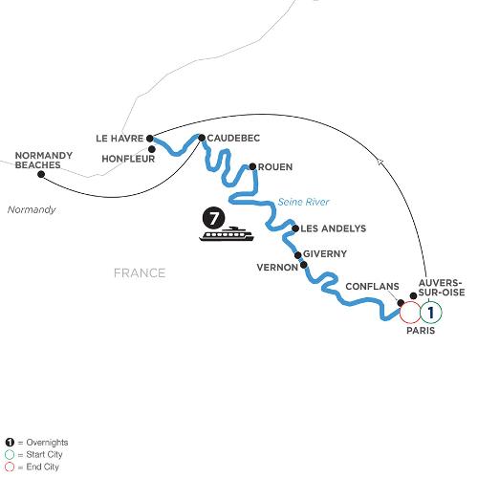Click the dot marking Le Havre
click(150, 139)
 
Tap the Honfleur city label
click(128, 159)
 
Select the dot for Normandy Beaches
click(41, 174)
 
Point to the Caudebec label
click(233, 138)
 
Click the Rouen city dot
click(252, 166)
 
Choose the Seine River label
click(303, 202)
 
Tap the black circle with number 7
click(213, 218)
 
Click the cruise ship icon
click(227, 234)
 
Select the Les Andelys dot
click(295, 228)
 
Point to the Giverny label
click(325, 254)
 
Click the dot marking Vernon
click(304, 265)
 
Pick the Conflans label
click(372, 287)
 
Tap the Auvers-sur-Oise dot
click(413, 295)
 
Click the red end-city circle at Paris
click(400, 313)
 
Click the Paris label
click(421, 331)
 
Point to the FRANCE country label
click(140, 273)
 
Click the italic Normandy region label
click(32, 209)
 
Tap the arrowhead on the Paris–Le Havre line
click(380, 162)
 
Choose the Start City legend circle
click(10, 455)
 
